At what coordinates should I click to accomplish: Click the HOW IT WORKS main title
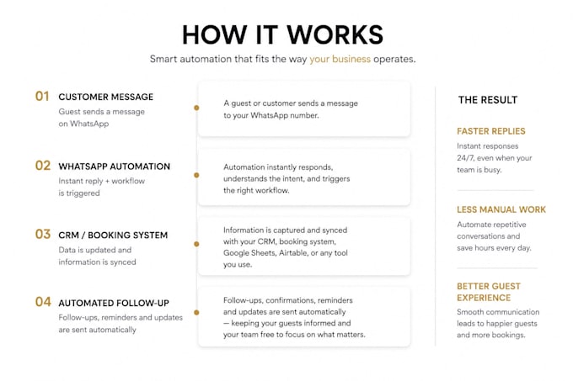282,35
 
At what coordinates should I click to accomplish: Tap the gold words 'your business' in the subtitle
340,60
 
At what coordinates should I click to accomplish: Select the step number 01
42,96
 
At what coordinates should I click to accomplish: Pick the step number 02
43,166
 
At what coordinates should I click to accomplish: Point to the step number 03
43,234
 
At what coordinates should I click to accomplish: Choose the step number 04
43,302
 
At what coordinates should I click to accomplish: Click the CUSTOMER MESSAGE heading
105,97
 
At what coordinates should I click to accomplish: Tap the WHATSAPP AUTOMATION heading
114,167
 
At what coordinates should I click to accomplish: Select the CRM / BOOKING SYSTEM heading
113,235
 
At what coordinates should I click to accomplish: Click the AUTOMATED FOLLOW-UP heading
114,304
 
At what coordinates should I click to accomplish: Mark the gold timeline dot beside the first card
196,108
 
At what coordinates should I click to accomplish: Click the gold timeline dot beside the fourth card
196,313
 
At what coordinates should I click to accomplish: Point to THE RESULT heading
488,100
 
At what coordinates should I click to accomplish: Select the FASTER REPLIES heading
490,131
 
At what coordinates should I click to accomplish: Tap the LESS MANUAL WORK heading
501,209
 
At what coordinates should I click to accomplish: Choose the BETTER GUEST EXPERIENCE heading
489,292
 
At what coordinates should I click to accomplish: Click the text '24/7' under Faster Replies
465,158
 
